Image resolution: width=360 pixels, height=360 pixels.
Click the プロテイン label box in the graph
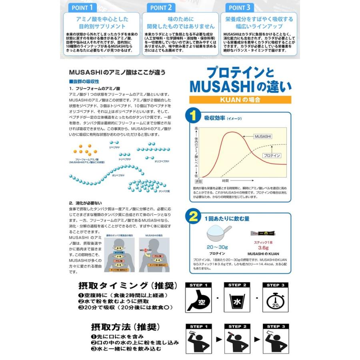(x=272, y=155)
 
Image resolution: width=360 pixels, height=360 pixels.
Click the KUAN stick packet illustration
(x=263, y=232)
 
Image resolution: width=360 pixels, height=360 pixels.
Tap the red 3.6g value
(x=263, y=248)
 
